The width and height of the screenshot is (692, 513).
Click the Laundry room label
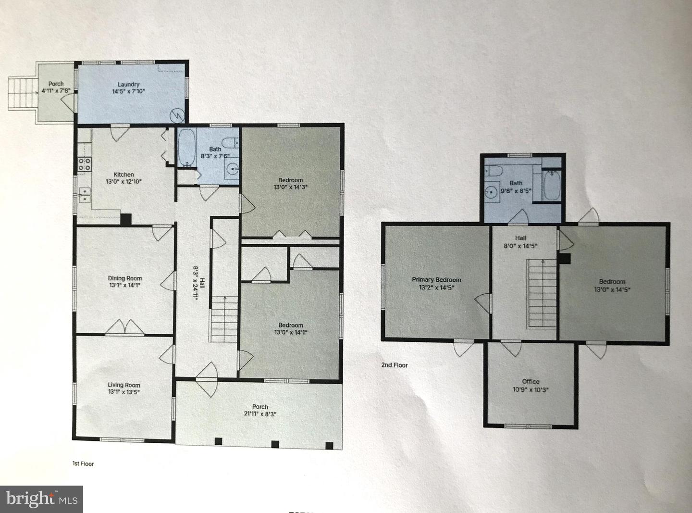128,84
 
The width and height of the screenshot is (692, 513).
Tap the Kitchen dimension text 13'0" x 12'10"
124,182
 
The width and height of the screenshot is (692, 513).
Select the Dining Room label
124,278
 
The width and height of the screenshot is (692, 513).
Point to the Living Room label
124,385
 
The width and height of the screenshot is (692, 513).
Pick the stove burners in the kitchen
85,164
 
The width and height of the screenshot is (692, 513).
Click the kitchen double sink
85,195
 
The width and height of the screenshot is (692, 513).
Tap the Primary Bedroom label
436,279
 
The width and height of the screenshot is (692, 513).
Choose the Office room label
531,381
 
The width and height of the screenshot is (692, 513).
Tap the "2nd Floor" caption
395,365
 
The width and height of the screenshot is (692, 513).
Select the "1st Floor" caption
83,464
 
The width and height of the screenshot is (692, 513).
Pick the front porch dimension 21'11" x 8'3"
260,413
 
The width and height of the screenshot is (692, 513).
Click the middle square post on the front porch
275,444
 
